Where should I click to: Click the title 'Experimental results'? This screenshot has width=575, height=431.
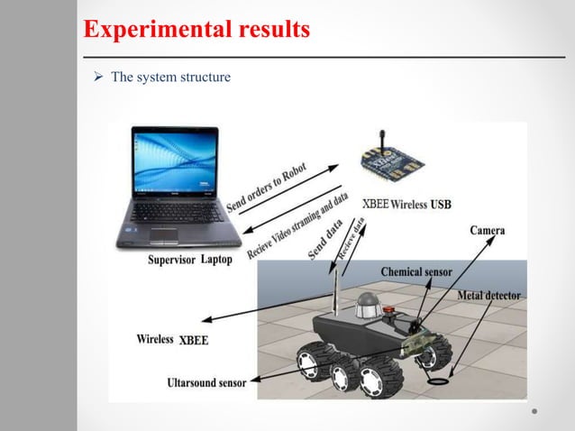[196, 30]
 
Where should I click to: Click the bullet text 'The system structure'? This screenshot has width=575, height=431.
[170, 78]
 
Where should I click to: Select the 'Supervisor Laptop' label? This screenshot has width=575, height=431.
[189, 260]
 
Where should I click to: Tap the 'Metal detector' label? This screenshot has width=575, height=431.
[488, 295]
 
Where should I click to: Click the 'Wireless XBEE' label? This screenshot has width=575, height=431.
[171, 340]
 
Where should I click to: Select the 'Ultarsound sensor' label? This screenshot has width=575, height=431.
[205, 383]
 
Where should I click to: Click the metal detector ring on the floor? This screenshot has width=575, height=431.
[438, 381]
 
